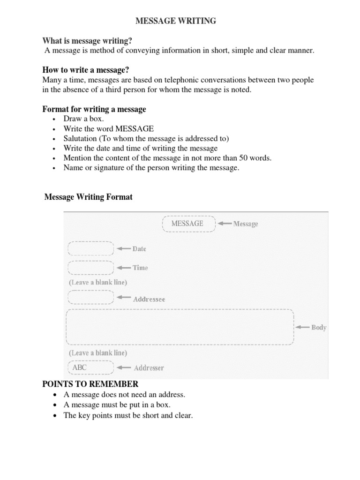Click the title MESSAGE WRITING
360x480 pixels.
tap(176, 21)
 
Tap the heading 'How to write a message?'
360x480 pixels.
tap(85, 70)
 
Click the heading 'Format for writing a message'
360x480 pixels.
tap(94, 109)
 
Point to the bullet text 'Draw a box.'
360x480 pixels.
tap(83, 119)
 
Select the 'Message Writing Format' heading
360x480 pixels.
tap(88, 197)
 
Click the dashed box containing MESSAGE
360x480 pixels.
tap(188, 224)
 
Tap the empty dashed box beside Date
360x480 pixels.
tap(91, 248)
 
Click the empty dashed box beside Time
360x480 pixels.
tap(91, 268)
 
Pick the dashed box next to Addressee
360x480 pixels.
tap(91, 298)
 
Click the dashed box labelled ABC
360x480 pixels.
tap(91, 367)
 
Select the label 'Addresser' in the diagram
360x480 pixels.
tap(149, 368)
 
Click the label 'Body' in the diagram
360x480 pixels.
tap(319, 327)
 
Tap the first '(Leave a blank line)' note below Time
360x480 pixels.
tap(97, 283)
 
